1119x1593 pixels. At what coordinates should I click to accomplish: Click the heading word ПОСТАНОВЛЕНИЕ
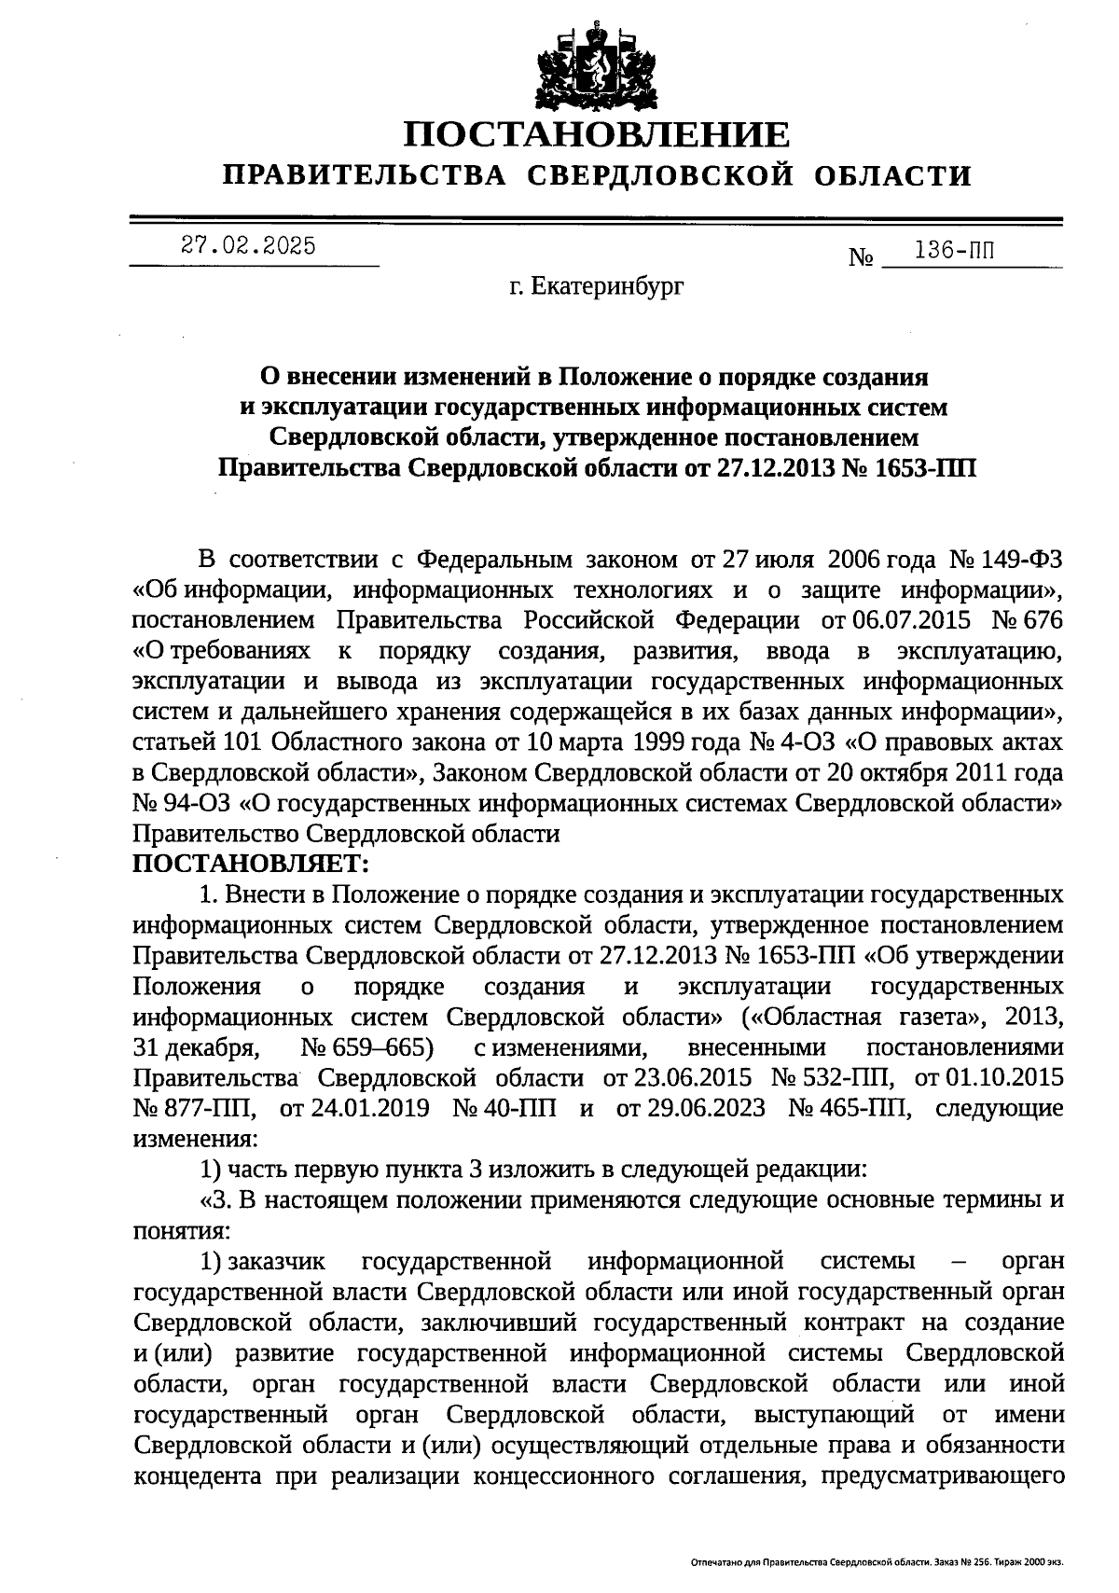pos(597,135)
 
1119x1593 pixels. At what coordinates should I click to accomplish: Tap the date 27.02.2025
pos(248,246)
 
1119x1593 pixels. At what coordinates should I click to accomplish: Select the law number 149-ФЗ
pos(1027,560)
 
